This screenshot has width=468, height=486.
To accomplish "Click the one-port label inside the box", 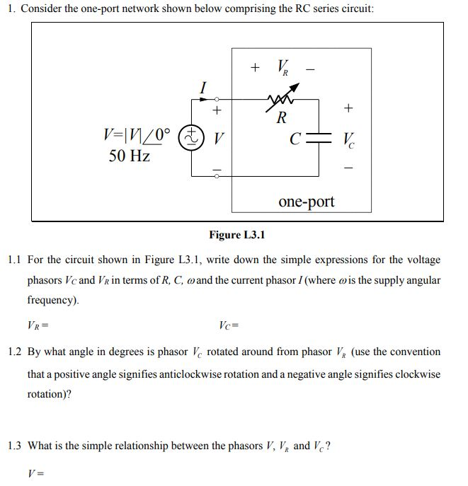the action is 307,202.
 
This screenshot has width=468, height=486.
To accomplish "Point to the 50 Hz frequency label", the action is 130,156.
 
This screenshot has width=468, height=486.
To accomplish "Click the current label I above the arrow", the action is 204,88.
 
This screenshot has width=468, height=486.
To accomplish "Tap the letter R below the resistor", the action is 281,117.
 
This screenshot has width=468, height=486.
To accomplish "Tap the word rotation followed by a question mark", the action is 47,395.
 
